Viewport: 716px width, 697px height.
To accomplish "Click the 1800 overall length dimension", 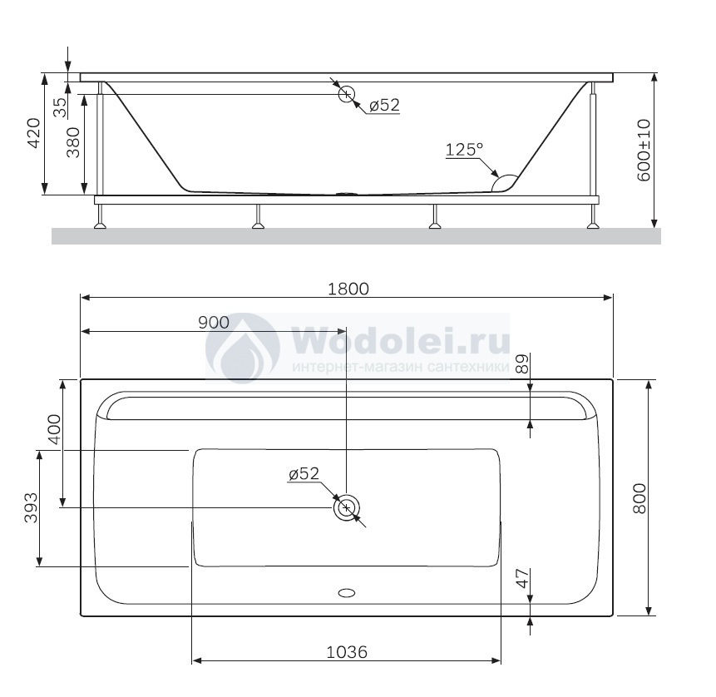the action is pos(348,289).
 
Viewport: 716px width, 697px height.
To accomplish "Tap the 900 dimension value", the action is pos(214,323).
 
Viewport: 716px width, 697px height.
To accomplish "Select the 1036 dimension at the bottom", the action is pos(347,652).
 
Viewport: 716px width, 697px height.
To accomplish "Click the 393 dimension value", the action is pos(31,507).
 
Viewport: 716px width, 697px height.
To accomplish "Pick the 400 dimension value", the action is pos(54,429).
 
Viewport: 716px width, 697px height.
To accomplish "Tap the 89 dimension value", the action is pos(521,363).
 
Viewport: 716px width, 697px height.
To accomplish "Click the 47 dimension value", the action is pos(522,578).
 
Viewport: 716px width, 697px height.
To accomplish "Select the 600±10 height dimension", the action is pos(644,151).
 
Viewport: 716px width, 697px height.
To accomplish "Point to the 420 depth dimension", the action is pos(34,133).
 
